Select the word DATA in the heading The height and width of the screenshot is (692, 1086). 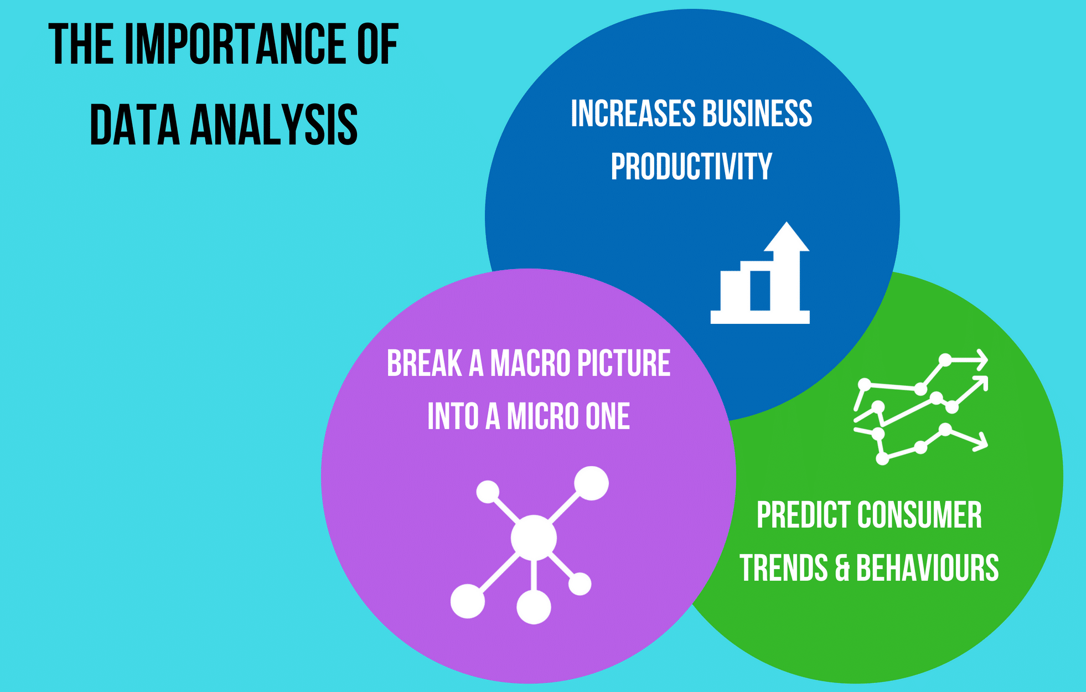pyautogui.click(x=135, y=125)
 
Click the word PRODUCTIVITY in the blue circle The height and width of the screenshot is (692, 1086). pyautogui.click(x=691, y=167)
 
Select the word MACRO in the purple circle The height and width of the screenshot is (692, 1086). pyautogui.click(x=530, y=364)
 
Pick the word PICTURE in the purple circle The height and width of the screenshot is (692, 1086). pyautogui.click(x=623, y=364)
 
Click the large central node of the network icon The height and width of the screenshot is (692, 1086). pyautogui.click(x=533, y=537)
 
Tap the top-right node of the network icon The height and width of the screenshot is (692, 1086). pyautogui.click(x=591, y=483)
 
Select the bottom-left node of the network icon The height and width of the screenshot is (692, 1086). pyautogui.click(x=468, y=601)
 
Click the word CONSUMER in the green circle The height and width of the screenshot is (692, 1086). pyautogui.click(x=919, y=515)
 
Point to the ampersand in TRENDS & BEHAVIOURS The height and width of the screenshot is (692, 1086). pyautogui.click(x=842, y=569)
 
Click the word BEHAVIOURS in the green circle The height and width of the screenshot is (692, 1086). pyautogui.click(x=927, y=569)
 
